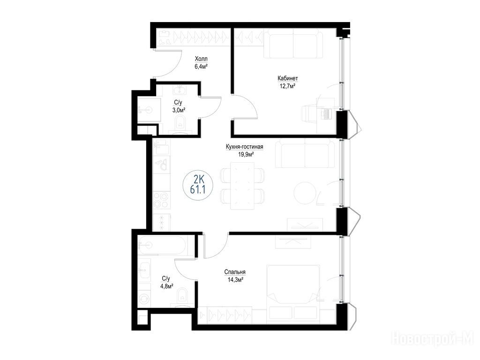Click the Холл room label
coord(201,59)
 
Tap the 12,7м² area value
coord(287,86)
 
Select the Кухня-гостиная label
coord(244,147)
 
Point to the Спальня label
coord(235,272)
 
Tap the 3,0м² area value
coord(179,110)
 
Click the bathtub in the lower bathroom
coord(162,245)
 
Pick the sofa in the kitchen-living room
coord(305,153)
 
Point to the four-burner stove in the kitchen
coord(161,200)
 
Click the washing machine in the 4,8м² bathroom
coord(144,298)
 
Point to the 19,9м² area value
coord(247,154)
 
